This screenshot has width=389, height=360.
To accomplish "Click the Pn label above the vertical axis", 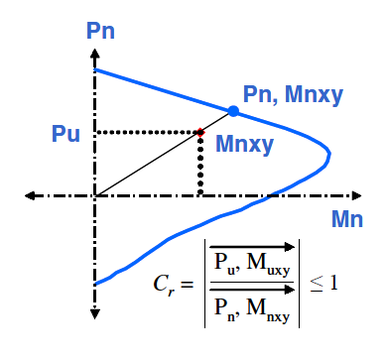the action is coord(100,31).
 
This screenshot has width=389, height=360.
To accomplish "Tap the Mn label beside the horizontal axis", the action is coord(347,219).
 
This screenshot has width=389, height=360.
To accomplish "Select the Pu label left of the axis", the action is coord(65,134).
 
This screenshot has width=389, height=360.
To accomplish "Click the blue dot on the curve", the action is coord(233,111).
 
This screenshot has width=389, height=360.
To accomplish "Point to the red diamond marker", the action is coord(200,133).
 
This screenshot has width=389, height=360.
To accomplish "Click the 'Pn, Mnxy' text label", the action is coord(293,96).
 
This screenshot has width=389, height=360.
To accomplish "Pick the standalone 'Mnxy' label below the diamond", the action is coord(244,145).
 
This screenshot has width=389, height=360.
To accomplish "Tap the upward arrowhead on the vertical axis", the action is coord(95,54).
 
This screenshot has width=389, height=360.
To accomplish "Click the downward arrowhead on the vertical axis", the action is coord(95,314).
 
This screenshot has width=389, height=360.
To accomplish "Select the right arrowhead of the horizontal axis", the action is coord(356,195).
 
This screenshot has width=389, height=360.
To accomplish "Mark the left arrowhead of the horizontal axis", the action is coord(30,195).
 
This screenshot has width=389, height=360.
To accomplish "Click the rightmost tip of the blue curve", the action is coord(329,154).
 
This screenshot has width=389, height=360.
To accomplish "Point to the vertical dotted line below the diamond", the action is coord(200,165).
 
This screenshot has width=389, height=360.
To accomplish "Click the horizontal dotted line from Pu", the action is coord(147,133).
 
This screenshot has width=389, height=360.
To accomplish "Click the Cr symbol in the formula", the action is coord(164,285).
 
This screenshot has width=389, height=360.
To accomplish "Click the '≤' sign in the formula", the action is coord(317,285).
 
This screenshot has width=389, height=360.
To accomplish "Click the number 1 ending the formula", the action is coord(334,283).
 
